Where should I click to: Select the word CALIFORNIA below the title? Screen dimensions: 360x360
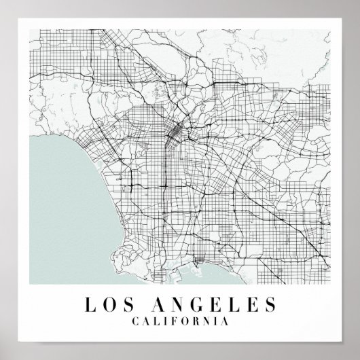pyautogui.click(x=180, y=317)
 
